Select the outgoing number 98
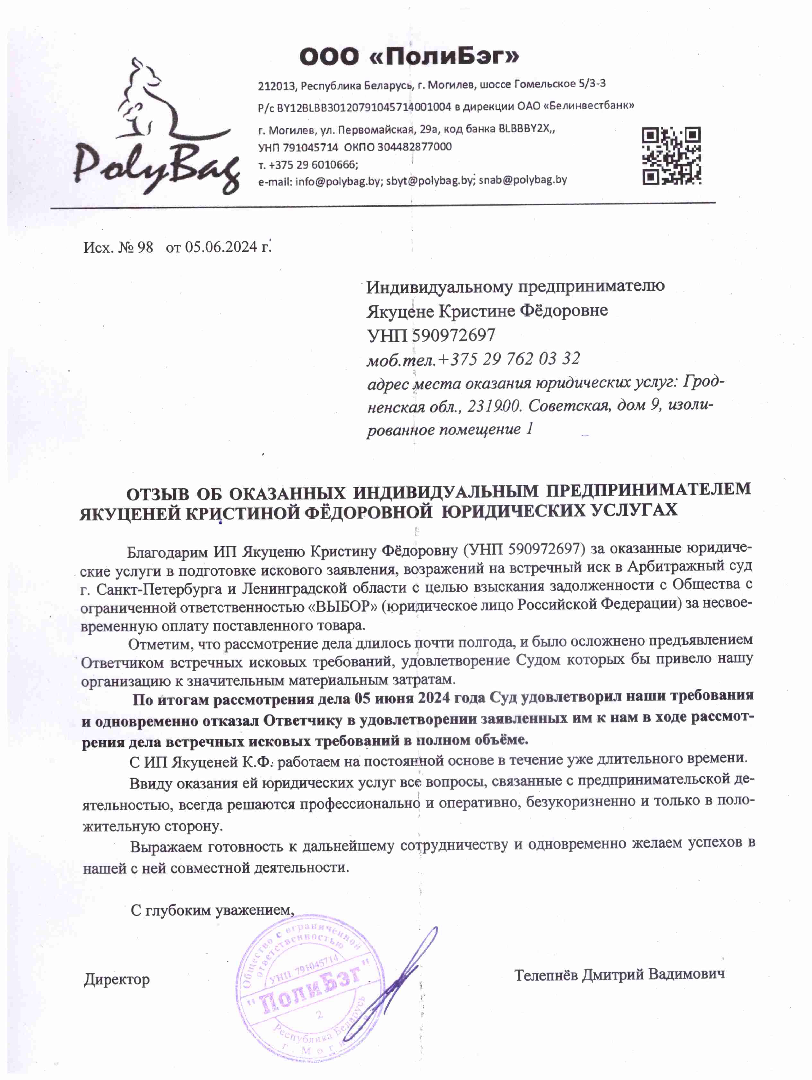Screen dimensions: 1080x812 145,247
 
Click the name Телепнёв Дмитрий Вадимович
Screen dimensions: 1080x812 619,974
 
